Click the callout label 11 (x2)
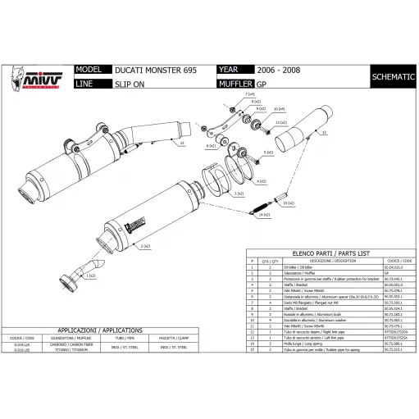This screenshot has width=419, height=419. pyautogui.click(x=280, y=123)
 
